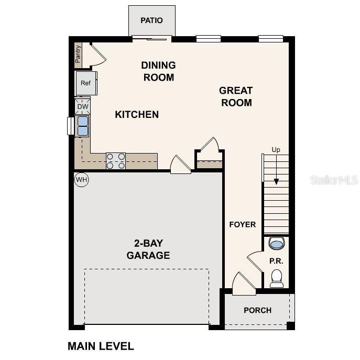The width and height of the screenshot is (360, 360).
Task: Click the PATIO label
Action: click(x=151, y=20)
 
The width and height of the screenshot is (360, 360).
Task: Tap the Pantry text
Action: click(x=78, y=54)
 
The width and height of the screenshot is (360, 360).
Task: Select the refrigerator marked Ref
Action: click(x=85, y=83)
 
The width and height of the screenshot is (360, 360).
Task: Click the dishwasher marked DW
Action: click(x=83, y=106)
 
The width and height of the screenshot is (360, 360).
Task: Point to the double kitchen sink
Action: click(x=83, y=126)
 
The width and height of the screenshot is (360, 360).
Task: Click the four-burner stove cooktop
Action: click(x=116, y=161)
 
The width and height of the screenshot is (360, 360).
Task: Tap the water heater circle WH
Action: click(x=81, y=180)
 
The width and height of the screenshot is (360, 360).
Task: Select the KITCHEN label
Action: click(x=137, y=114)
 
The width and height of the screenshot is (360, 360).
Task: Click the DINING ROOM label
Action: click(x=158, y=71)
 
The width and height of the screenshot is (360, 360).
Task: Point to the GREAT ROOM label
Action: click(x=236, y=96)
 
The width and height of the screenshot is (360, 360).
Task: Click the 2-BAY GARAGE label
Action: click(x=148, y=249)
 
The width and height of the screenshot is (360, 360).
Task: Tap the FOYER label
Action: click(x=243, y=224)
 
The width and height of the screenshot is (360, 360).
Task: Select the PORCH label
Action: click(x=257, y=310)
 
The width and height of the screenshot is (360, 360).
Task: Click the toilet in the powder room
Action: click(x=276, y=278)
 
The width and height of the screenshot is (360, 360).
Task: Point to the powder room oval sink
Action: click(x=276, y=243)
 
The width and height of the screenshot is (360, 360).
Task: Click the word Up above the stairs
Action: click(x=276, y=150)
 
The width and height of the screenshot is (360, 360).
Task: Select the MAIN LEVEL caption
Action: click(x=101, y=346)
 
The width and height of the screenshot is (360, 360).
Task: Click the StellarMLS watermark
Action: click(x=334, y=180)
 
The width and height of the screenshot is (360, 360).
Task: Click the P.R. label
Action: click(x=276, y=260)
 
